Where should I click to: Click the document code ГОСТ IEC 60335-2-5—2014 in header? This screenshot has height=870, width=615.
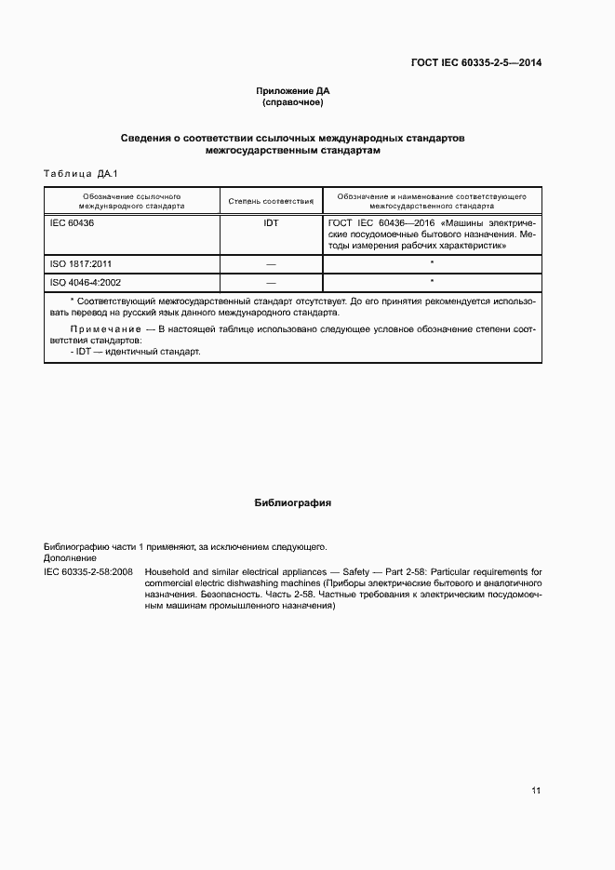(475, 63)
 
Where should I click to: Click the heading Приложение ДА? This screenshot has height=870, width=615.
(293, 91)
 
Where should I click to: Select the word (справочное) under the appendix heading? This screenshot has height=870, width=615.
(293, 102)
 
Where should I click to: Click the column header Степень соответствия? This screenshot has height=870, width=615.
(271, 201)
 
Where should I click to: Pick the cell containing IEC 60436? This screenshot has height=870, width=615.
(73, 223)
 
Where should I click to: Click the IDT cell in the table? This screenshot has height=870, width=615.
(271, 223)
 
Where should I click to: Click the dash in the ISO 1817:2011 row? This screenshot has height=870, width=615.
(271, 264)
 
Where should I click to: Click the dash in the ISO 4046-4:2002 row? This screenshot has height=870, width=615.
(271, 282)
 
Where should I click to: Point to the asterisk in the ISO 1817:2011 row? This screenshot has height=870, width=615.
(433, 263)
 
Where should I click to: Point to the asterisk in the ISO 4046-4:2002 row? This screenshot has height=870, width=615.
(433, 281)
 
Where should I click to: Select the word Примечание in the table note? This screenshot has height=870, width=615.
(103, 329)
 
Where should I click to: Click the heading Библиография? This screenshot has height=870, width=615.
(293, 502)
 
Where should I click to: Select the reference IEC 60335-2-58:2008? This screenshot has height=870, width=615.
(88, 571)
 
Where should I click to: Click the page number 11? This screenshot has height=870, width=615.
(536, 791)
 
